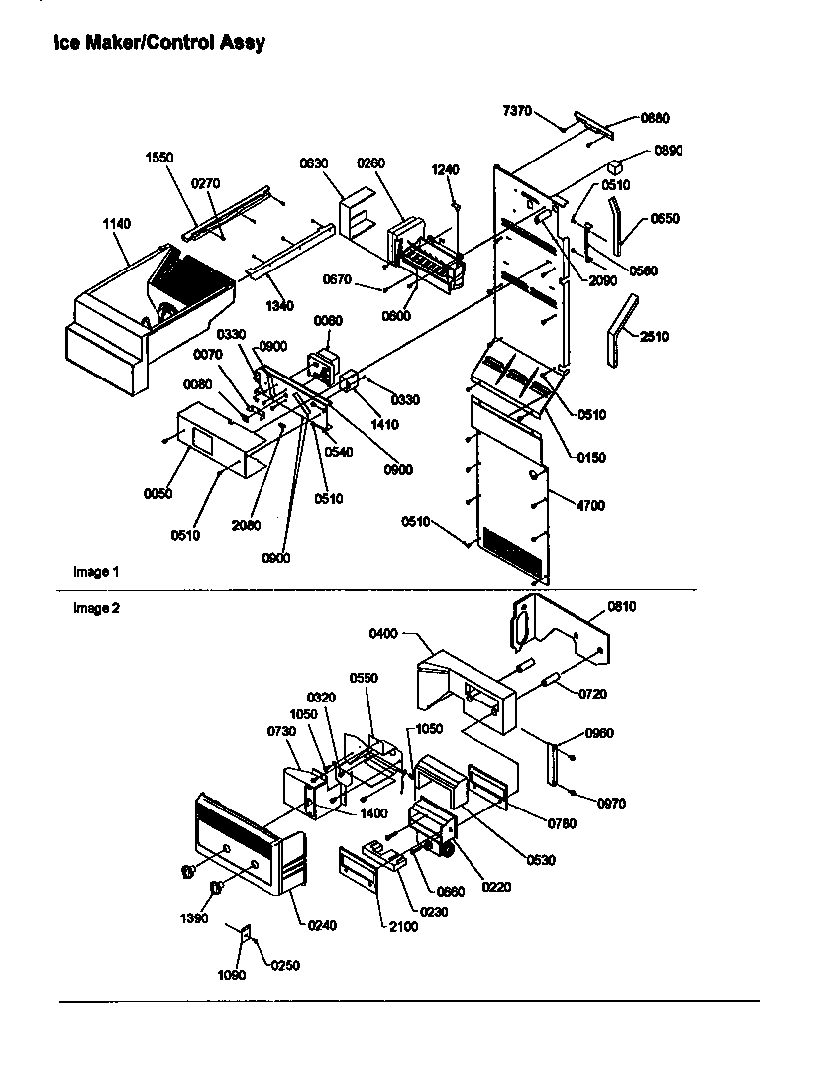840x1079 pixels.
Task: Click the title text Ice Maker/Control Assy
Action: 159,43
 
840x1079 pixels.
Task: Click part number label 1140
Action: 116,225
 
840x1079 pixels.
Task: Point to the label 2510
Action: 654,337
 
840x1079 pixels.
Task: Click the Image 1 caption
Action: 96,572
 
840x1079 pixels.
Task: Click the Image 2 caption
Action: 96,608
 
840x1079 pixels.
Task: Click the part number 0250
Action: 284,965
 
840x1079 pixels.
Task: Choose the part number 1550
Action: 158,158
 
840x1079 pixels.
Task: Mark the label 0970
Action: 612,804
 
